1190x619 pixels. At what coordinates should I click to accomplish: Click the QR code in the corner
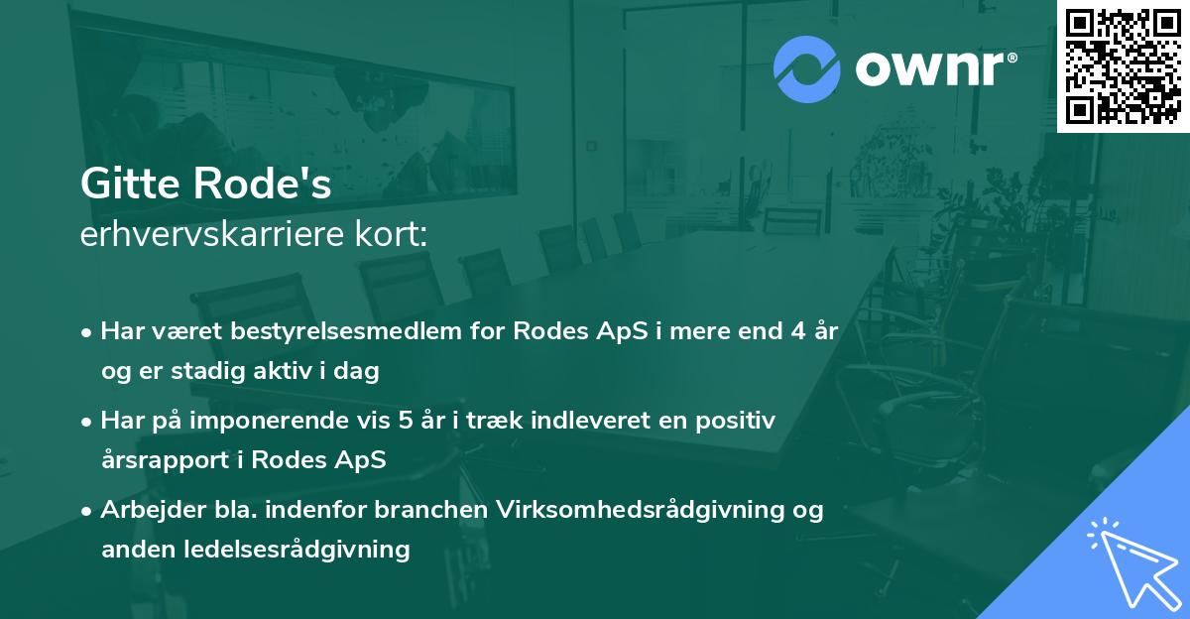(x=1124, y=65)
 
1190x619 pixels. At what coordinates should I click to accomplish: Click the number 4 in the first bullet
(x=796, y=331)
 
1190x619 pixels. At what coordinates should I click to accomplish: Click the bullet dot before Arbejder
(x=88, y=511)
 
